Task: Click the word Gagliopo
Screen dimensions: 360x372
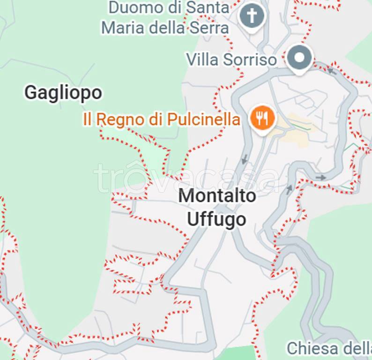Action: pos(63,93)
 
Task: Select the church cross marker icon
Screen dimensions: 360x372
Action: pos(252,17)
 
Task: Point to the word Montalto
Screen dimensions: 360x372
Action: pos(217,196)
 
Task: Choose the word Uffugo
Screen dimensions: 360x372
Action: pos(216,219)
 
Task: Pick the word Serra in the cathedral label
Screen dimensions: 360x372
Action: pos(209,28)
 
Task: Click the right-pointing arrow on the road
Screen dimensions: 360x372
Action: pos(321,177)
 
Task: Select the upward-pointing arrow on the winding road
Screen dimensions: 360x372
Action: pos(289,189)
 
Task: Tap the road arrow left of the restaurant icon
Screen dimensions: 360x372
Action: pos(244,159)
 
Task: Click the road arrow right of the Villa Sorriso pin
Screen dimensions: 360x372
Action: pos(332,71)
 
